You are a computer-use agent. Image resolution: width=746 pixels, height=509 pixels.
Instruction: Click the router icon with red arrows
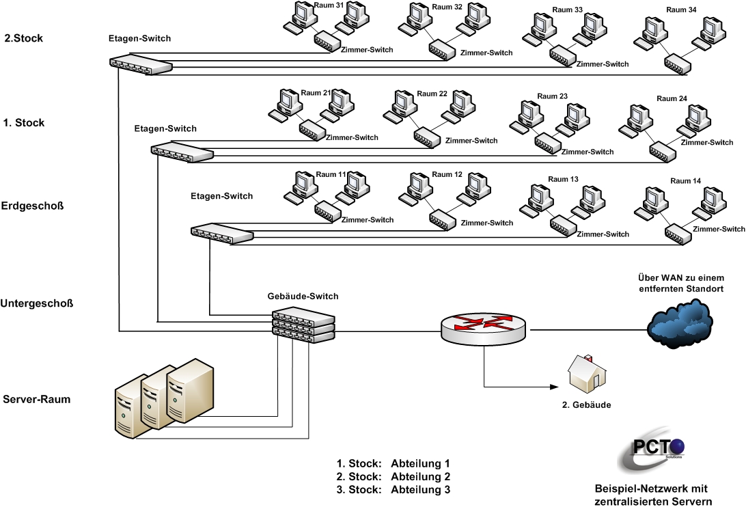[484, 328]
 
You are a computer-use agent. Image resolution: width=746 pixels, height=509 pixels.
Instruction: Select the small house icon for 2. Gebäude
[587, 374]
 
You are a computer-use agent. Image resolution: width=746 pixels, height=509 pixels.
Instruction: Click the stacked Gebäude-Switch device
[303, 325]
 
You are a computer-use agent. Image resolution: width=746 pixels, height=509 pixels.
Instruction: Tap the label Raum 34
[681, 10]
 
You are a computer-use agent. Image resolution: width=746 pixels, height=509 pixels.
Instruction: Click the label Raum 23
[553, 96]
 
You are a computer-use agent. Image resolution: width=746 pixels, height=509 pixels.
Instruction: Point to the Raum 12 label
[447, 175]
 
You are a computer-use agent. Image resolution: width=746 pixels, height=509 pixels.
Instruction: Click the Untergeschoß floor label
[37, 303]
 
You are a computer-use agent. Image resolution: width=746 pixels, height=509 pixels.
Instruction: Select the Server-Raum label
[37, 399]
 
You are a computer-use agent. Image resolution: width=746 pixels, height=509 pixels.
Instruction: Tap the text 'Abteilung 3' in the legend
[421, 489]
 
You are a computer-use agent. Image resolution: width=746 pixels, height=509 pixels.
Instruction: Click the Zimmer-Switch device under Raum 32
[442, 50]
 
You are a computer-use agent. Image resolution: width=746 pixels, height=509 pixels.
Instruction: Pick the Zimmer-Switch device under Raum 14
[678, 234]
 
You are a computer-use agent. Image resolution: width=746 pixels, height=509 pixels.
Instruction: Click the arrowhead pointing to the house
[554, 387]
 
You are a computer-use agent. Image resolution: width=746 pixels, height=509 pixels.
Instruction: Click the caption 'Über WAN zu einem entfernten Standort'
[681, 283]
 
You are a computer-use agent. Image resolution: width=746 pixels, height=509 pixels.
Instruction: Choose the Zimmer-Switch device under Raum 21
[312, 130]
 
